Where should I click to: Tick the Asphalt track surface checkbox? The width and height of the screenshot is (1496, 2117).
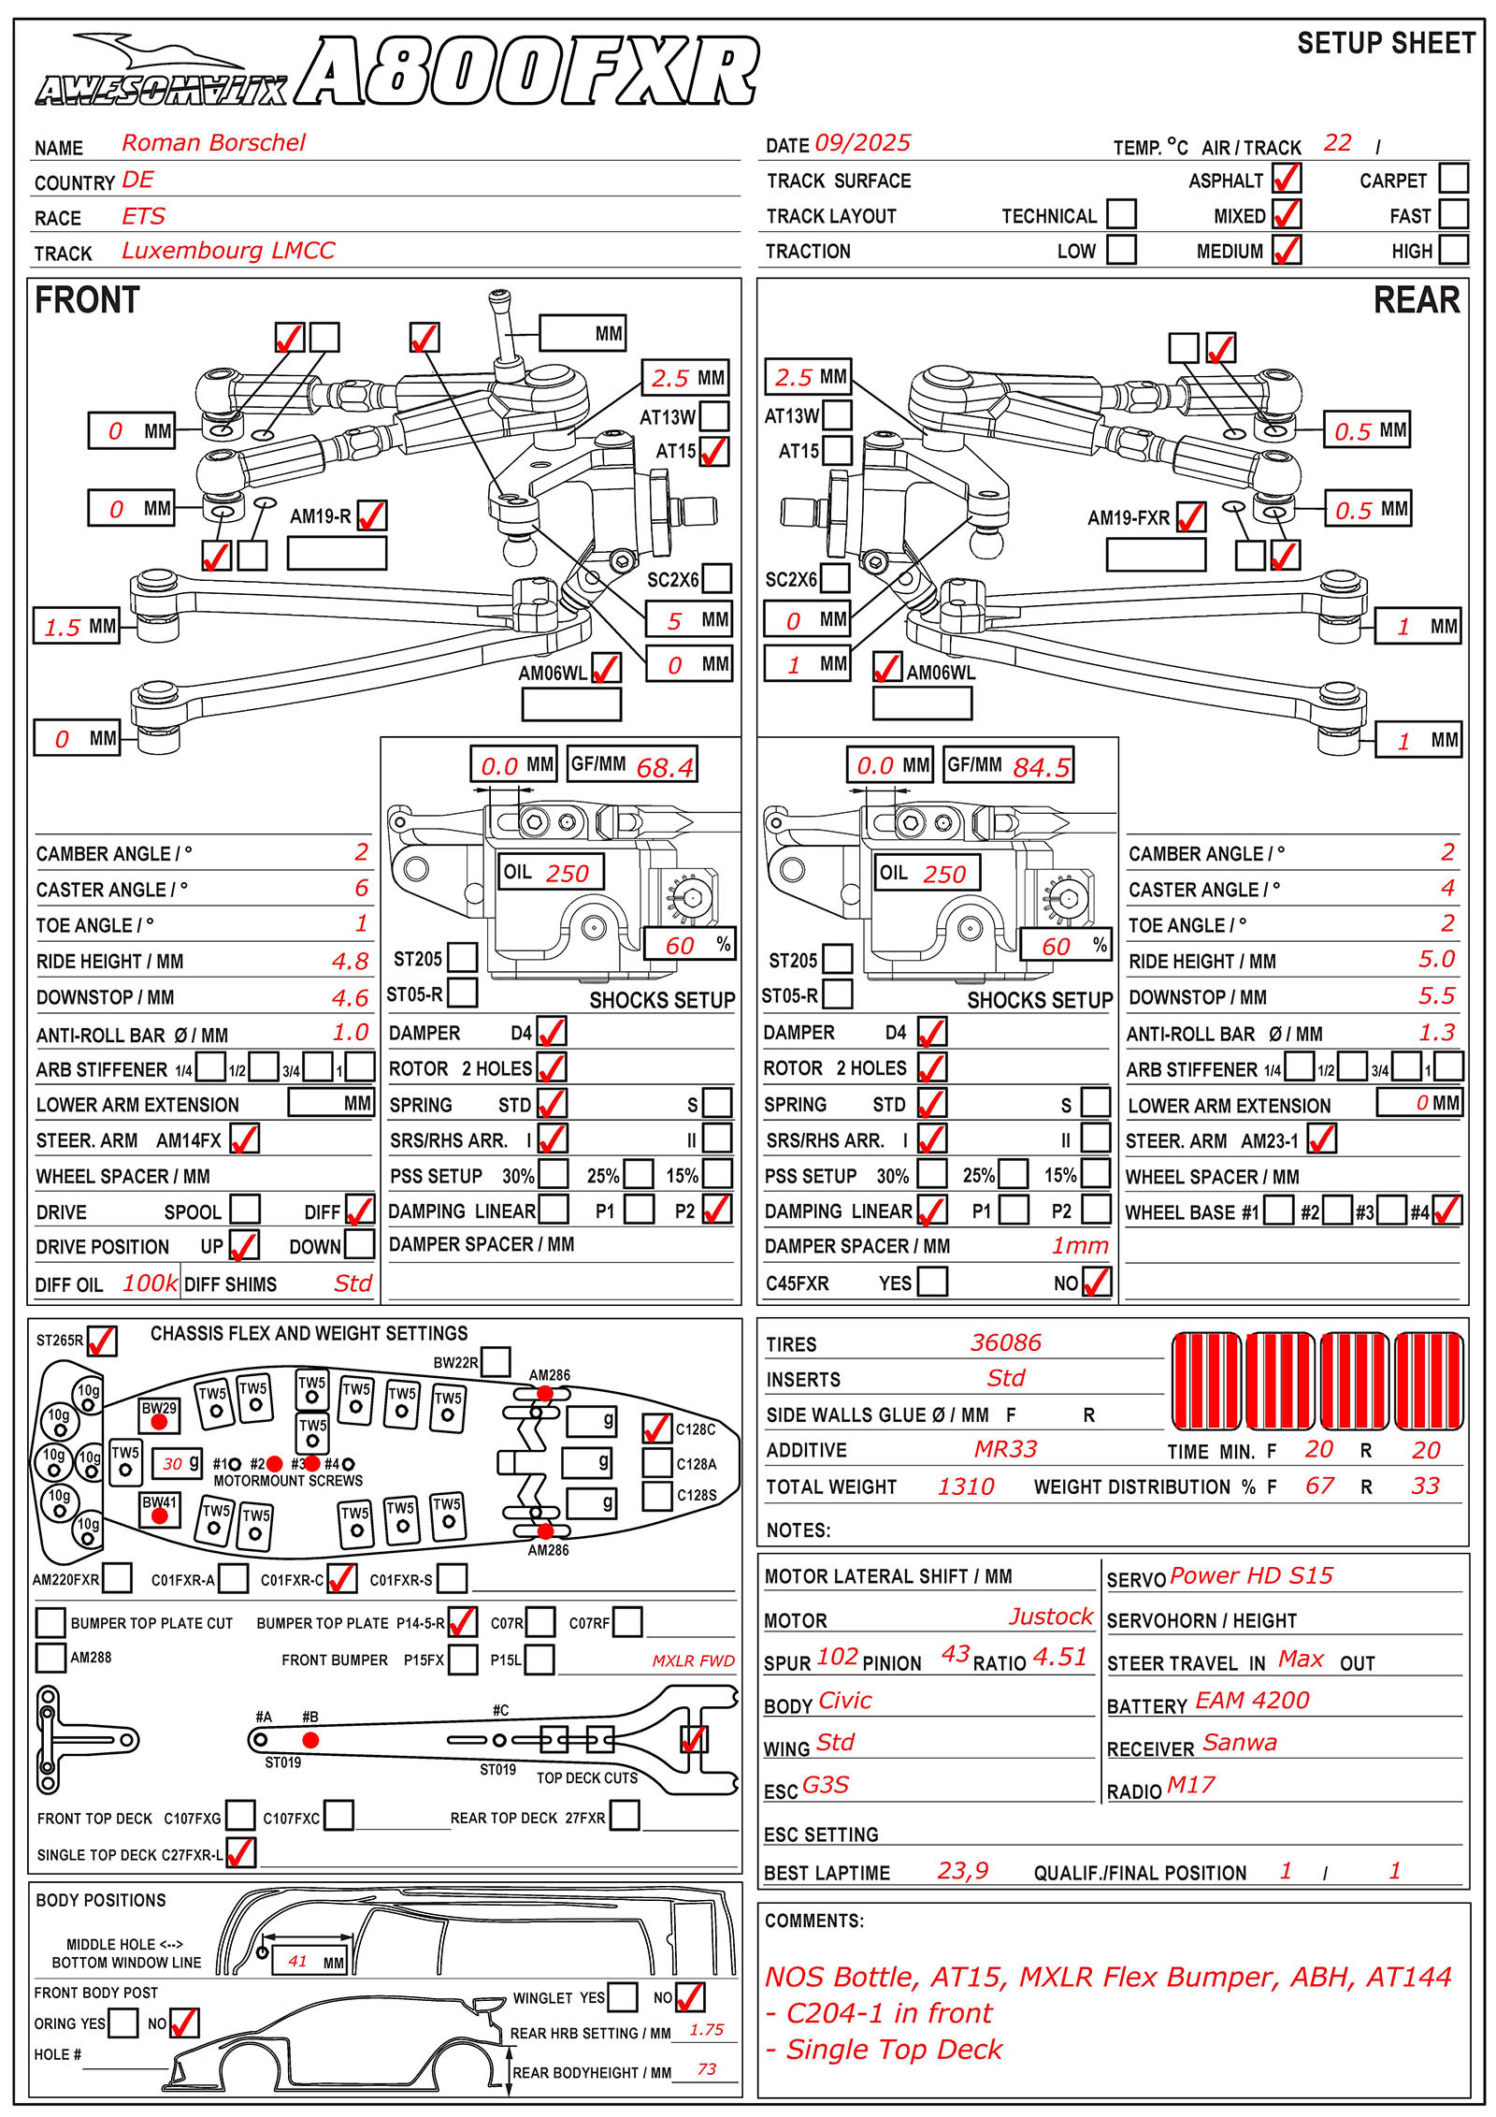tap(1287, 179)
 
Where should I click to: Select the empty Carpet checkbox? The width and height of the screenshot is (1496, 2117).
tap(1453, 178)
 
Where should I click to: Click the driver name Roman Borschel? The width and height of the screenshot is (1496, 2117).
tap(213, 143)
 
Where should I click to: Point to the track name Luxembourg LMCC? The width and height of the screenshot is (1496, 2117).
tap(228, 251)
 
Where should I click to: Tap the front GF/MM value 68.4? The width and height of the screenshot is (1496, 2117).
tap(665, 767)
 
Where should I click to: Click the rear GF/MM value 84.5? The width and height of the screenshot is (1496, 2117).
tap(1041, 767)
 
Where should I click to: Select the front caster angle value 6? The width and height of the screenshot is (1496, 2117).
tap(361, 888)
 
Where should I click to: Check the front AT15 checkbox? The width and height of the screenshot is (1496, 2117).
tap(714, 451)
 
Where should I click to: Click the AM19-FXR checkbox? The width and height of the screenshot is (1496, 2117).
tap(1190, 516)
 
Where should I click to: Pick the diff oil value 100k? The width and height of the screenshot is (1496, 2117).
tap(150, 1283)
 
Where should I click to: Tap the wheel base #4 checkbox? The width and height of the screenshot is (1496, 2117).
tap(1446, 1211)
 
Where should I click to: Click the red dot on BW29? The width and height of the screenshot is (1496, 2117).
tap(159, 1422)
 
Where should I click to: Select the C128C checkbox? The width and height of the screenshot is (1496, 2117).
tap(656, 1428)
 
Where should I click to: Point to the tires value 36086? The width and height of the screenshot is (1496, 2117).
tap(1005, 1342)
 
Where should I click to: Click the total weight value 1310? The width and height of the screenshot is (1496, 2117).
tap(966, 1486)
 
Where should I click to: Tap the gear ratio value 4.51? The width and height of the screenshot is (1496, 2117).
tap(1060, 1658)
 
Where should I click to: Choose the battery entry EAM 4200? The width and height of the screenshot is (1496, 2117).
tap(1252, 1701)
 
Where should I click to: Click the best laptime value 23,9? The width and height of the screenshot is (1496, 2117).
tap(962, 1871)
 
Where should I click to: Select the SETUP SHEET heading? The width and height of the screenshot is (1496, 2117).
tap(1386, 44)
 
